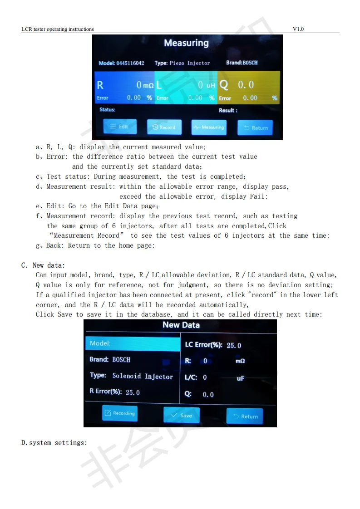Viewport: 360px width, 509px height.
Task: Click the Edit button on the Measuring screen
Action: pos(119,127)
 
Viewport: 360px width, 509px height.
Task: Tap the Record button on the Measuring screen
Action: pos(164,127)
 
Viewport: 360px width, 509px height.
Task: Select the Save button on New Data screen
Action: pos(181,416)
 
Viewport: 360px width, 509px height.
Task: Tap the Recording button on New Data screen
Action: pos(119,413)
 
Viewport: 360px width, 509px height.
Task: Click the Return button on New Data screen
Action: pos(245,416)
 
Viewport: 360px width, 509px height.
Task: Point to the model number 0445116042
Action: pos(130,63)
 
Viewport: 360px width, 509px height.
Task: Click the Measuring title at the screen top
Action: pos(186,43)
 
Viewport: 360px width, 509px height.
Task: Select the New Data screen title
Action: pos(181,325)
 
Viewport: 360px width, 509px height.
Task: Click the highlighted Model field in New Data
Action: pos(132,343)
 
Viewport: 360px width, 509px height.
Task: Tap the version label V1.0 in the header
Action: pos(298,29)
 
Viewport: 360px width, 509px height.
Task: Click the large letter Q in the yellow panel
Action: pos(224,85)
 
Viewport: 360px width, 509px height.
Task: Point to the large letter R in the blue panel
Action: pos(100,85)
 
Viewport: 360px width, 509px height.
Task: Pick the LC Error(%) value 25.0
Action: pos(234,345)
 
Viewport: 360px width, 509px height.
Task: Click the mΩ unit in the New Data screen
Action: pos(240,361)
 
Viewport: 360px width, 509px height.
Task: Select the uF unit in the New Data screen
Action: pos(241,378)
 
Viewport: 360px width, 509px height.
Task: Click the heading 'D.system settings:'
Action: pos(54,442)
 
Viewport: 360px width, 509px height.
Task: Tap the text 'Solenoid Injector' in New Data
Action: pos(143,376)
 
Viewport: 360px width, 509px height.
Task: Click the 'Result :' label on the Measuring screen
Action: pos(228,110)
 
